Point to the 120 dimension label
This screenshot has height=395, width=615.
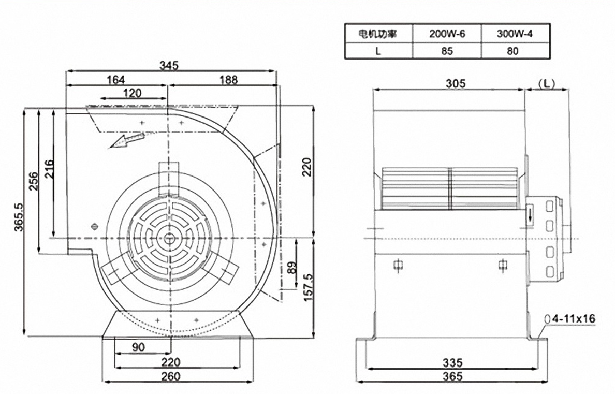[x=133, y=93]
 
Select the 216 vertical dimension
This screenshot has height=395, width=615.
[x=49, y=169]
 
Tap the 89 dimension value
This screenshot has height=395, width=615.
[x=291, y=268]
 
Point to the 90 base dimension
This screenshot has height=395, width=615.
[x=138, y=347]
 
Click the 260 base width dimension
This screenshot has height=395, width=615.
[x=171, y=376]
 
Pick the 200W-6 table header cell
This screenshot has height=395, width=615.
[x=447, y=34]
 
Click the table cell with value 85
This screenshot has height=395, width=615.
[x=447, y=51]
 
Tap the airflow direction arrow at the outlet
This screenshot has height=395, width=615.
[x=126, y=140]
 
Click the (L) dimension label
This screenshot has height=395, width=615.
[x=547, y=83]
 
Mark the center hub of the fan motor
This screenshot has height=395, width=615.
[x=169, y=238]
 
